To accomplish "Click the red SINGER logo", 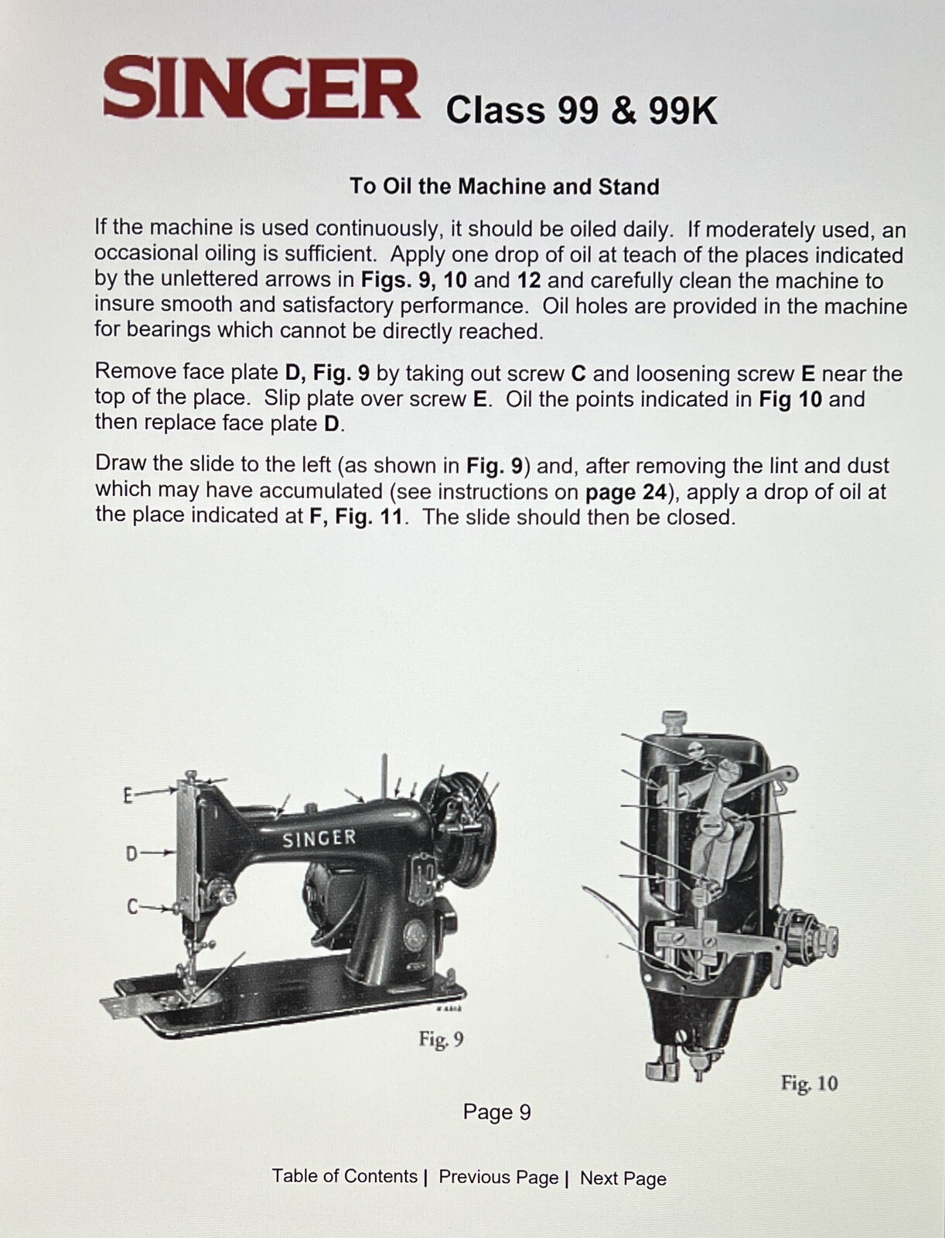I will [x=261, y=89].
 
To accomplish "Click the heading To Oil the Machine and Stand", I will [x=504, y=186].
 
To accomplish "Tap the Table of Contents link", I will [x=344, y=1176].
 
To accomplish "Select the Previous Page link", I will [x=498, y=1177].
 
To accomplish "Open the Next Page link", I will [x=623, y=1178].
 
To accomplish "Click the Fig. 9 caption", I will [x=441, y=1039].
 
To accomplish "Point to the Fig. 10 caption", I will [x=808, y=1083].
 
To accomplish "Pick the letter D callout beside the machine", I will [x=131, y=853].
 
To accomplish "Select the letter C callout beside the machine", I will [x=132, y=907].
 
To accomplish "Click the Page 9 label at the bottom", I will [x=496, y=1112].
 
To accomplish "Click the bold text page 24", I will [x=621, y=492].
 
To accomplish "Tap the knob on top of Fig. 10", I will [x=675, y=721].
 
